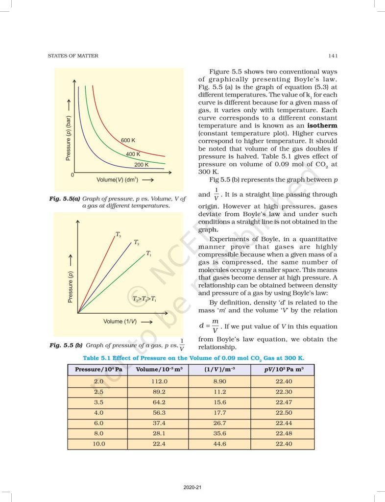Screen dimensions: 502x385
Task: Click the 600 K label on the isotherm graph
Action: click(128, 141)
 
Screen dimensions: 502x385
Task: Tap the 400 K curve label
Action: click(133, 154)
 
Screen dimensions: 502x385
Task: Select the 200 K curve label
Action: click(142, 165)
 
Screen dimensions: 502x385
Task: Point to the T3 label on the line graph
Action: click(119, 235)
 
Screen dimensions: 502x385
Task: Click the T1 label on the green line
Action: click(148, 253)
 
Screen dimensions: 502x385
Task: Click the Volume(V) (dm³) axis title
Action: click(118, 179)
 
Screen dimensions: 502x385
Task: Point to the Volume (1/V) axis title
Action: click(120, 322)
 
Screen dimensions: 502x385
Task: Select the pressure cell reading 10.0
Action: click(98, 444)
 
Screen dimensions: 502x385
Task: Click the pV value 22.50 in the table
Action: click(283, 412)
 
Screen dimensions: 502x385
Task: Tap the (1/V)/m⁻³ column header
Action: click(220, 370)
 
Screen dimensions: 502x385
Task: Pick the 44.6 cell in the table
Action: click(220, 444)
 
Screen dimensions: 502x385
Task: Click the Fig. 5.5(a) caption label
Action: click(65, 199)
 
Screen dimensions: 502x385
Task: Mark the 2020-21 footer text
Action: click(192, 487)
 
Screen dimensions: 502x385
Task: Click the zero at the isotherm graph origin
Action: click(72, 175)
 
